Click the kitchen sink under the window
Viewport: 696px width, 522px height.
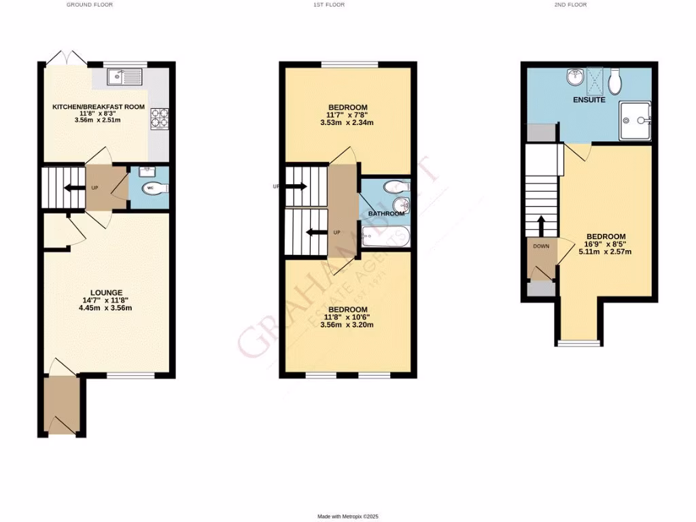[123, 77]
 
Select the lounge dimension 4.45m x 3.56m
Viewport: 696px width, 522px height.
[105, 308]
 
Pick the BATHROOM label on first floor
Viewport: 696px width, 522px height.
[386, 213]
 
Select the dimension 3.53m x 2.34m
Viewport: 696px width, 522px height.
[348, 123]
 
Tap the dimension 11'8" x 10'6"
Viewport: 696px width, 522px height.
[347, 317]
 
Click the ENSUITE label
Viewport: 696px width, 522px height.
[589, 100]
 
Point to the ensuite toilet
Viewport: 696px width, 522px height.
[616, 82]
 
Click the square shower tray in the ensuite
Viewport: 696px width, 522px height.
[635, 121]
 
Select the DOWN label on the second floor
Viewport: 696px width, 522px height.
[542, 247]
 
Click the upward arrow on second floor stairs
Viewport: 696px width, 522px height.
[542, 225]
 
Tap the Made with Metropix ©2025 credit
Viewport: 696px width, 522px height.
[347, 517]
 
